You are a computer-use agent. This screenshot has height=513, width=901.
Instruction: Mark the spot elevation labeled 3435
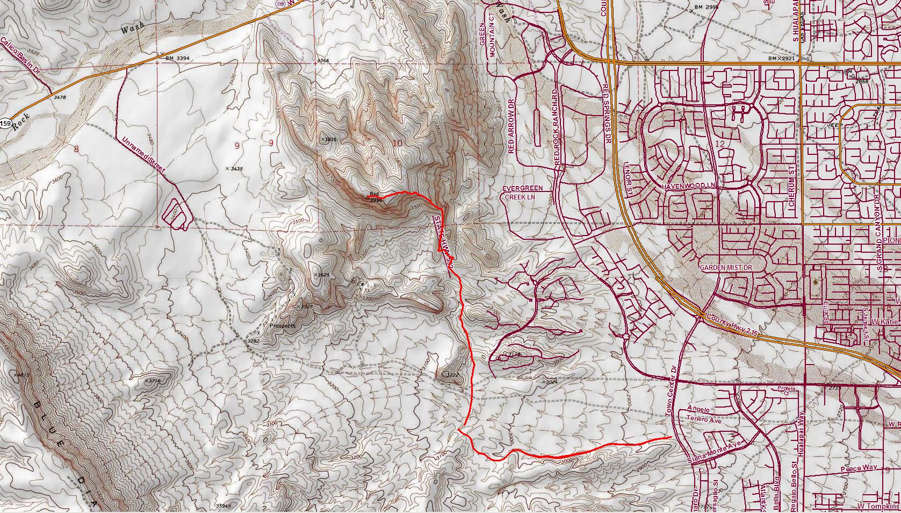point(234,168)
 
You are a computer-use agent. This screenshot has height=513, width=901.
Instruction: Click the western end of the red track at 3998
point(367,197)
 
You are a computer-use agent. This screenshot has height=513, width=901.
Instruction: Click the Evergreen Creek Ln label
point(522,193)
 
